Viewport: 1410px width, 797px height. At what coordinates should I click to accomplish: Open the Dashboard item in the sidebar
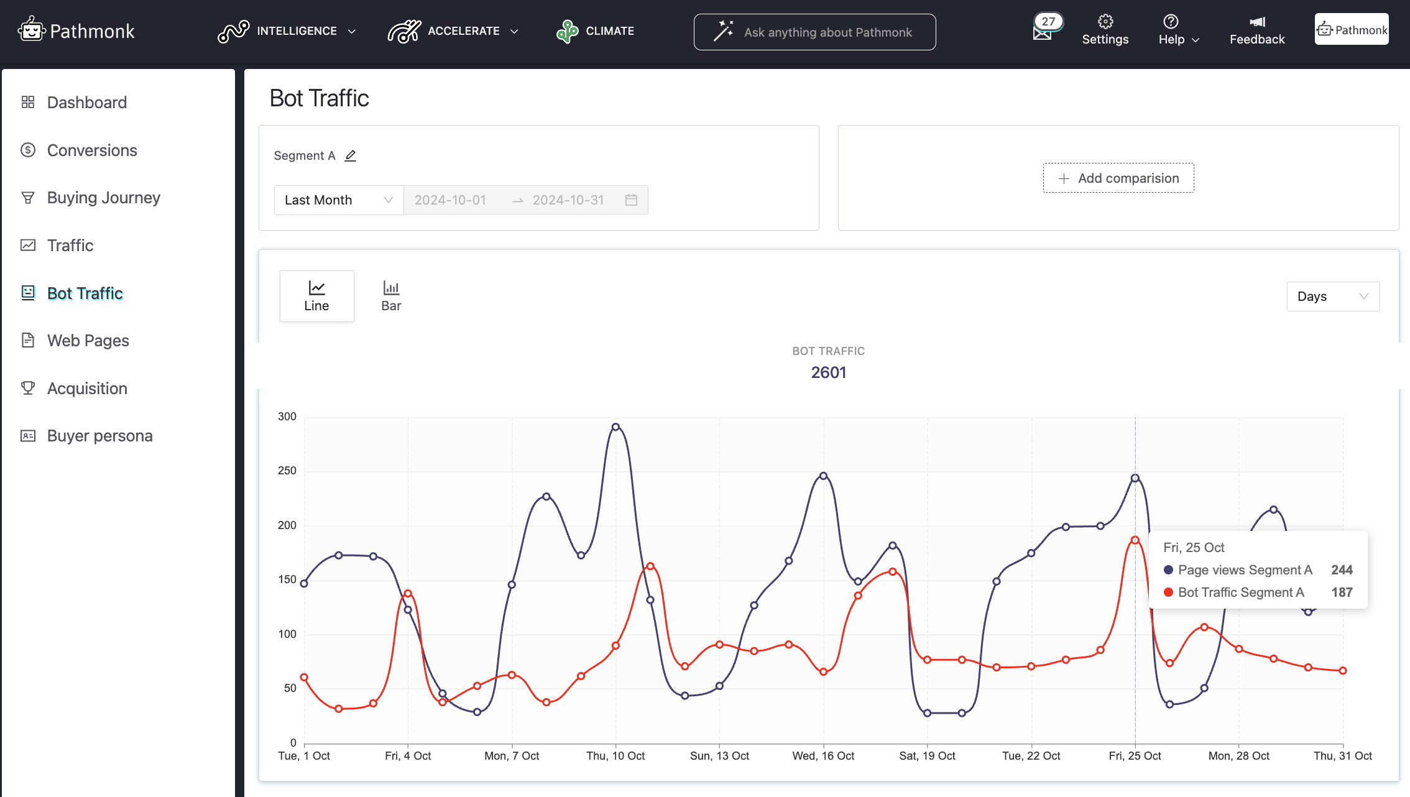click(86, 103)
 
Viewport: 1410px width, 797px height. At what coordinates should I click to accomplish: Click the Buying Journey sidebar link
click(103, 198)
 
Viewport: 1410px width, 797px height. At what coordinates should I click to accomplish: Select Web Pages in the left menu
click(88, 341)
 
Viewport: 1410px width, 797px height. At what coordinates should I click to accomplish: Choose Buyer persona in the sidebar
click(99, 436)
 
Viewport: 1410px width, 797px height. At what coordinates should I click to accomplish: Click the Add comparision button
click(1118, 178)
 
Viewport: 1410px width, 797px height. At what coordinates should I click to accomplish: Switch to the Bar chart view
click(391, 296)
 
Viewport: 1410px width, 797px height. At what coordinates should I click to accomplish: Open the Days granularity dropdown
click(1332, 297)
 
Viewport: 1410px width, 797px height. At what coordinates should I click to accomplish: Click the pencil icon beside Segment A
click(351, 156)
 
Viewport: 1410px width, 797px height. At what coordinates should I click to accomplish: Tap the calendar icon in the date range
click(631, 200)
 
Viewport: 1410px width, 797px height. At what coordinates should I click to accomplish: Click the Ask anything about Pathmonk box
click(814, 32)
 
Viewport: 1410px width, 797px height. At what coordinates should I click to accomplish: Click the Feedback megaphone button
click(1256, 30)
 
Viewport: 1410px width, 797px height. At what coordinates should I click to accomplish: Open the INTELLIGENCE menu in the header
click(287, 31)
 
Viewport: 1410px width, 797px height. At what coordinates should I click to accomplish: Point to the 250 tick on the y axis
click(287, 471)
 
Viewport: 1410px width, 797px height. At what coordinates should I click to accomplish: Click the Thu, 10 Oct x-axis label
click(615, 756)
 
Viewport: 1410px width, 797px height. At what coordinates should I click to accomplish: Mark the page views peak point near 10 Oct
click(615, 427)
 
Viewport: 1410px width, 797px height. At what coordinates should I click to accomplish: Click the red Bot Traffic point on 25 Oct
click(1135, 540)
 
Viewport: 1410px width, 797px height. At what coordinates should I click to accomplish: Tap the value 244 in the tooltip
click(1342, 570)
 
